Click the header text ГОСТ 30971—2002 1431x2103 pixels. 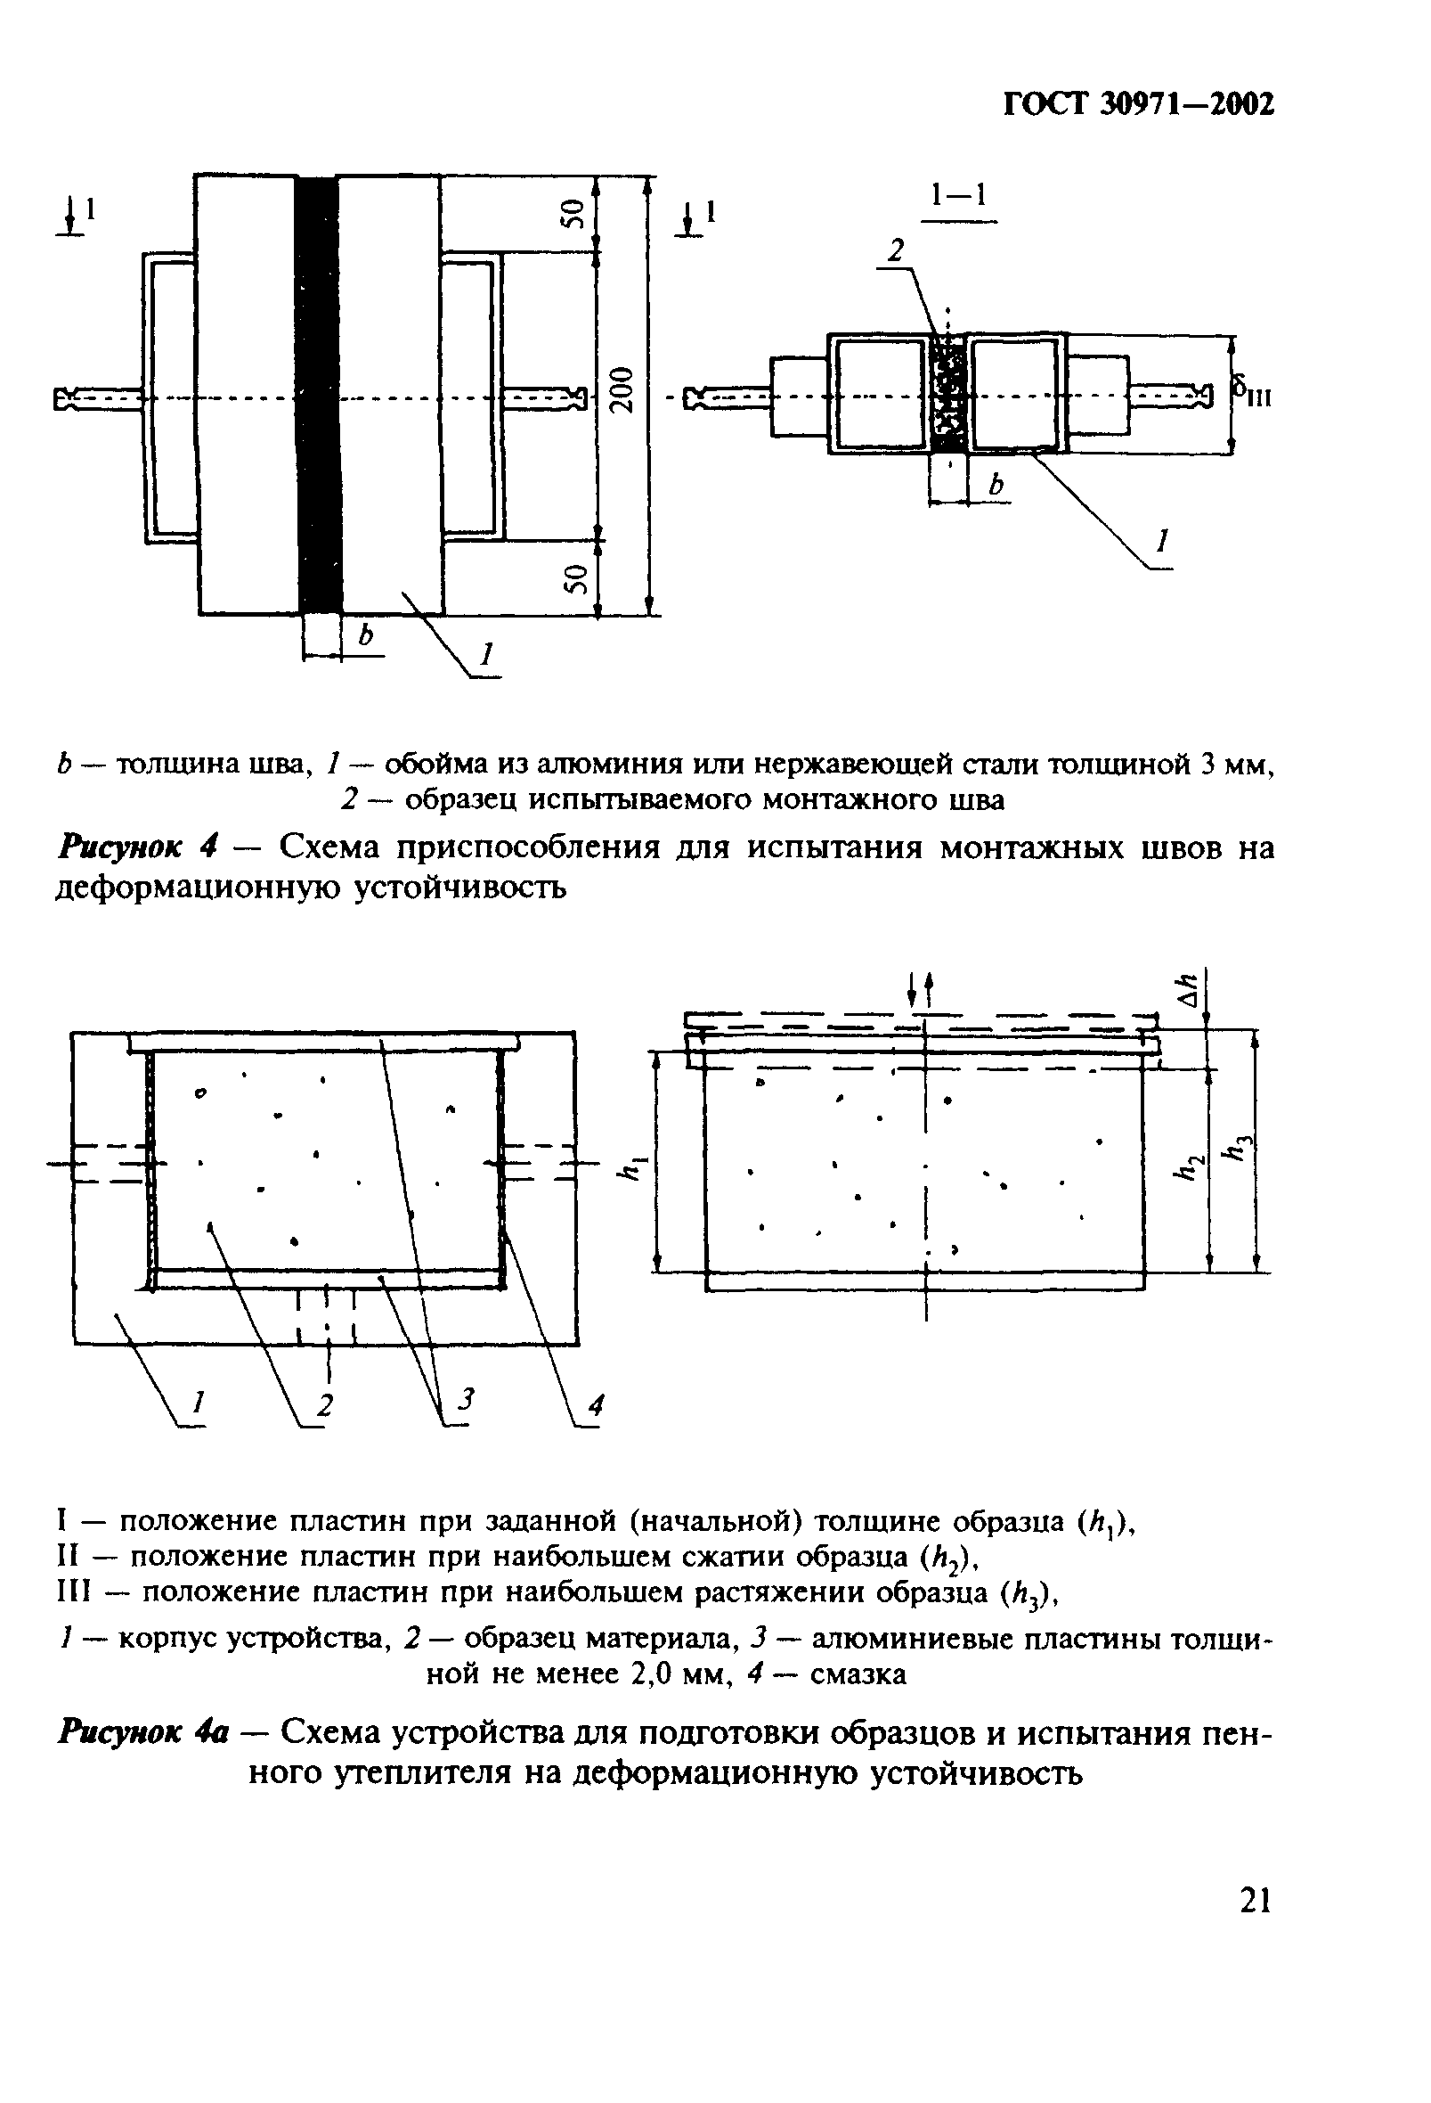pyautogui.click(x=1139, y=105)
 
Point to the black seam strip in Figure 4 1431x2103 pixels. pyautogui.click(x=319, y=394)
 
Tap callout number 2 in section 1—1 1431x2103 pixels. pyautogui.click(x=895, y=250)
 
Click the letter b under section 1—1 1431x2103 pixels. pyautogui.click(x=996, y=486)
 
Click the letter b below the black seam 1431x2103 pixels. pyautogui.click(x=365, y=636)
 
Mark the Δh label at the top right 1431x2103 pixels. pyautogui.click(x=1191, y=989)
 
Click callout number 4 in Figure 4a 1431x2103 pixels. pyautogui.click(x=595, y=1405)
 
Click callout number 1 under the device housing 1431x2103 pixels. pyautogui.click(x=198, y=1403)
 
